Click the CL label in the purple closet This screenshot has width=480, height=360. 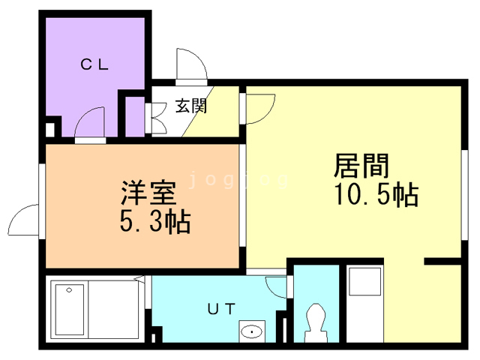tap(95, 64)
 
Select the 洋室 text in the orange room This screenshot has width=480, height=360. tap(148, 194)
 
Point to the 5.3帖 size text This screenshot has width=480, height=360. tap(154, 222)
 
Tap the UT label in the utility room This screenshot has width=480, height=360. tap(222, 307)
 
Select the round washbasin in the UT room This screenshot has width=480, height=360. tap(252, 330)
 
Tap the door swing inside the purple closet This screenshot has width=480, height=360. tap(91, 121)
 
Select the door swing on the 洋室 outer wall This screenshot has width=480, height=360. tap(24, 220)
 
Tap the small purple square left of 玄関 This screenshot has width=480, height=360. tap(133, 116)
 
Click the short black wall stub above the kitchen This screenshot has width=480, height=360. tap(443, 261)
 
